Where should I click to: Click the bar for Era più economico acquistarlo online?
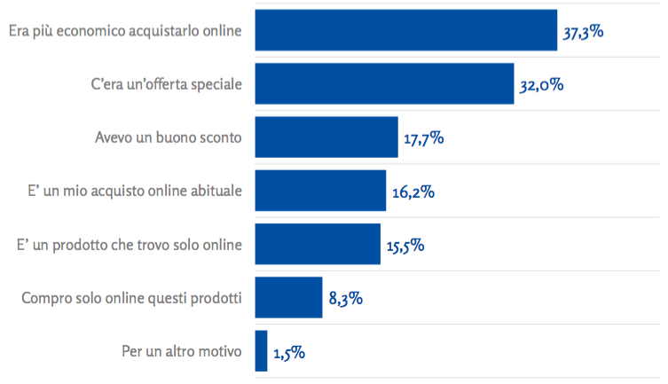click(x=405, y=31)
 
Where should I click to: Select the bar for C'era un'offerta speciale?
click(x=384, y=84)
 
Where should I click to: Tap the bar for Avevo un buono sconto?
click(x=326, y=137)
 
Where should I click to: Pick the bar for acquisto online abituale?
click(x=320, y=191)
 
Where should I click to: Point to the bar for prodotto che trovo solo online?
click(x=317, y=244)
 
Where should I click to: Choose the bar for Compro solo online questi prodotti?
click(x=287, y=297)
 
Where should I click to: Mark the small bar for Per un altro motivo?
click(x=261, y=350)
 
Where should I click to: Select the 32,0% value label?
click(x=541, y=86)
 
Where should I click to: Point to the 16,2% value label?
click(x=412, y=192)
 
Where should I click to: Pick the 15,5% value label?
click(x=405, y=246)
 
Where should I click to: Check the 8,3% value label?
click(x=345, y=299)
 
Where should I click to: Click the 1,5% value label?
click(x=289, y=352)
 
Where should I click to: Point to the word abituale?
click(x=213, y=192)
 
